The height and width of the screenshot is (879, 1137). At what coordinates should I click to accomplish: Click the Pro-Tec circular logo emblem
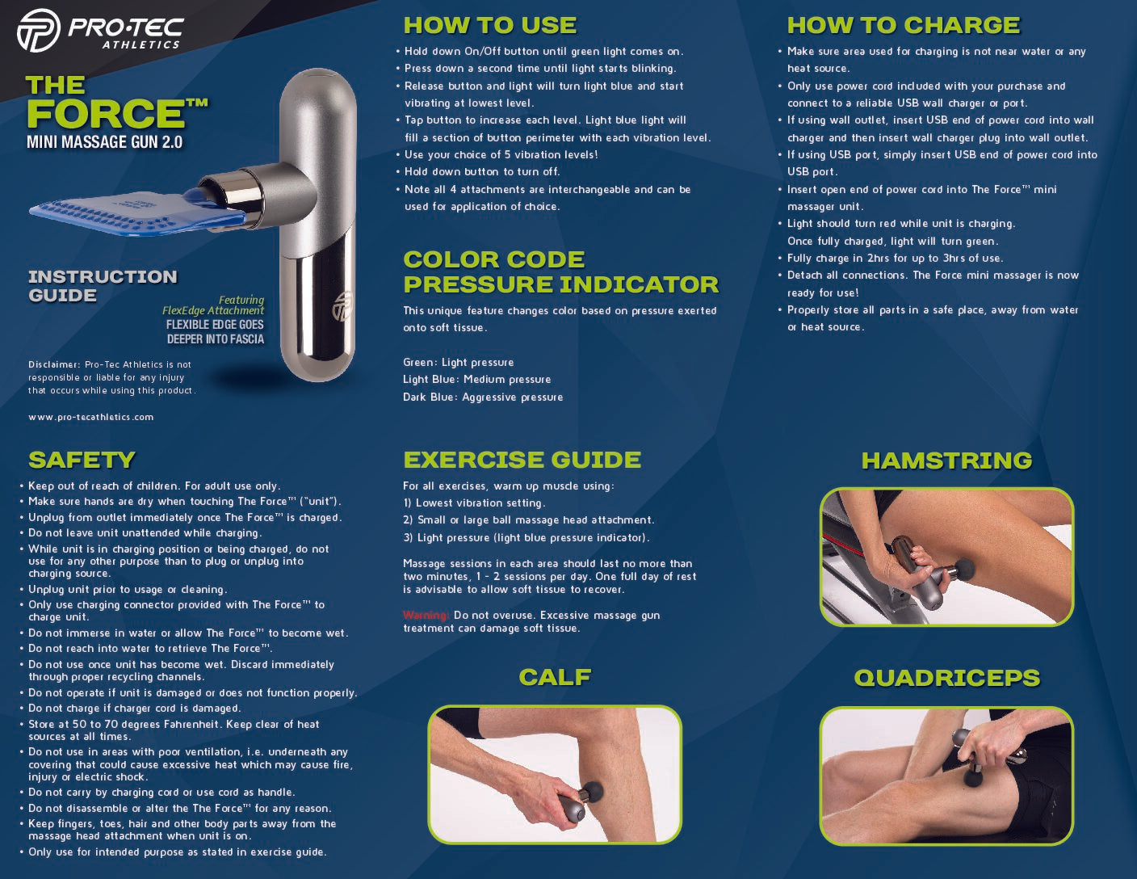pyautogui.click(x=39, y=31)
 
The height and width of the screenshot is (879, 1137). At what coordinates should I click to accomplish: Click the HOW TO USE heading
pyautogui.click(x=489, y=25)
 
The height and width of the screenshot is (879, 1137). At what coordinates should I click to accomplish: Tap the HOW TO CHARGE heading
pyautogui.click(x=904, y=25)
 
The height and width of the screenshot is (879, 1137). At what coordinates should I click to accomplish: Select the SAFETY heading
pyautogui.click(x=82, y=460)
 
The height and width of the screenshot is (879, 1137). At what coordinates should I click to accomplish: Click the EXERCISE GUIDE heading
pyautogui.click(x=522, y=460)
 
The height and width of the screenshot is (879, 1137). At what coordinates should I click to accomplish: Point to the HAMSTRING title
pyautogui.click(x=947, y=461)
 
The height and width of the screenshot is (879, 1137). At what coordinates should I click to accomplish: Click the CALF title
pyautogui.click(x=555, y=677)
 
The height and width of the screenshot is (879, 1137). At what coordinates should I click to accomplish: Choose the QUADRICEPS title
pyautogui.click(x=947, y=678)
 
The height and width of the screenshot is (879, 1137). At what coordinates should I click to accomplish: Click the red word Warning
pyautogui.click(x=426, y=615)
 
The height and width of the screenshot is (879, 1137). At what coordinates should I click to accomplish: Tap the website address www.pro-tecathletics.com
pyautogui.click(x=91, y=417)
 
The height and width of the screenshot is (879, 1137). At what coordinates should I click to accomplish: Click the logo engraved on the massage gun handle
pyautogui.click(x=342, y=305)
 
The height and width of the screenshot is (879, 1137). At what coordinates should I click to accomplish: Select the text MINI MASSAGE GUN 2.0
pyautogui.click(x=105, y=142)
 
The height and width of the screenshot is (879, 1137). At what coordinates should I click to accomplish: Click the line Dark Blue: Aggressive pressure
pyautogui.click(x=483, y=397)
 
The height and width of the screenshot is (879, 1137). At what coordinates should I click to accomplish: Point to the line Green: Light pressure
pyautogui.click(x=459, y=362)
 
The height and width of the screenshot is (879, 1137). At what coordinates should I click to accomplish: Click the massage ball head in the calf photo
pyautogui.click(x=593, y=792)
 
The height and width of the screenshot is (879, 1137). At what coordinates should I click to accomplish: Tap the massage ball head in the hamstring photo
pyautogui.click(x=965, y=569)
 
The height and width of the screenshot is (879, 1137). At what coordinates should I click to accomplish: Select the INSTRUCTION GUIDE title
pyautogui.click(x=103, y=286)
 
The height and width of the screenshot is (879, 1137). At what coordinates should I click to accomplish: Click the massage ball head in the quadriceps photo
pyautogui.click(x=973, y=777)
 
